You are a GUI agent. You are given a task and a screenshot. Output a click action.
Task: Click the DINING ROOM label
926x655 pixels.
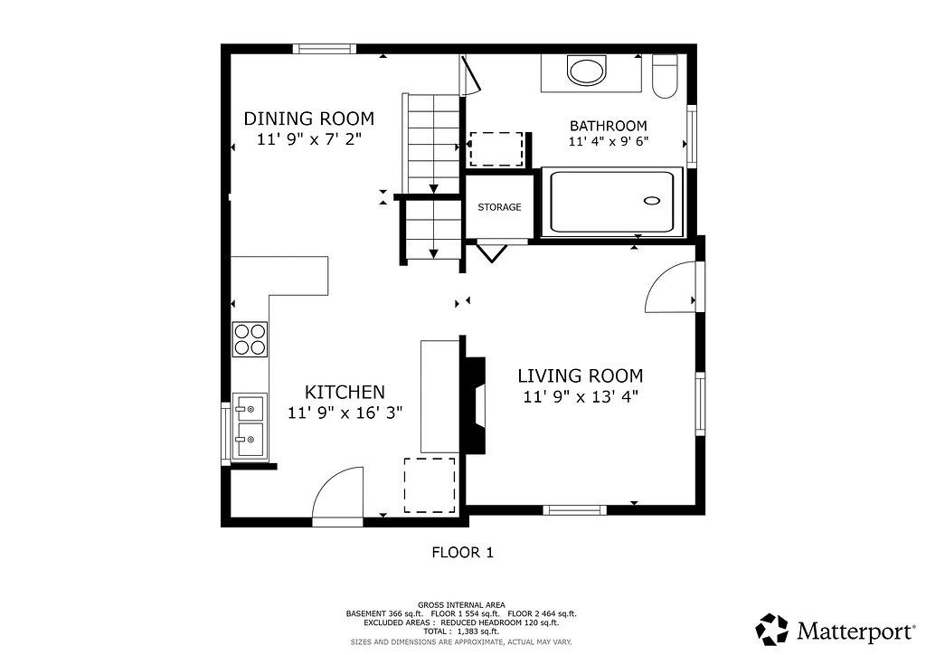(x=309, y=119)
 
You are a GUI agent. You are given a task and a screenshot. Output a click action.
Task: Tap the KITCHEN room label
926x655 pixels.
(x=345, y=392)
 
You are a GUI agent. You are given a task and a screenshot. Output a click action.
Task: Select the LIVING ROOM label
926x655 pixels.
(x=580, y=375)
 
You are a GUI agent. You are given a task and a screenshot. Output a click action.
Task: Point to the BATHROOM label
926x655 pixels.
(x=609, y=126)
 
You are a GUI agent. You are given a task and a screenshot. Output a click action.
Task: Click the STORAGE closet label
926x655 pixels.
(x=499, y=207)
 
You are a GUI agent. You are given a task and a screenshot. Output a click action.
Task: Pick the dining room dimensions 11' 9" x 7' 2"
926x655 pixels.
(x=309, y=139)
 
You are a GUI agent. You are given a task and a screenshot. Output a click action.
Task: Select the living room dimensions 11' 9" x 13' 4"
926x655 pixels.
(x=581, y=396)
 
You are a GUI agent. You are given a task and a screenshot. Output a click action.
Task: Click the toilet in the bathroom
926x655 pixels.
(x=665, y=76)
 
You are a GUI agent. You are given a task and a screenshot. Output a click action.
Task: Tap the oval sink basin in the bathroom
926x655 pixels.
(x=586, y=70)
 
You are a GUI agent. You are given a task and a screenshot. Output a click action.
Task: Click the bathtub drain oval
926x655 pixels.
(x=652, y=201)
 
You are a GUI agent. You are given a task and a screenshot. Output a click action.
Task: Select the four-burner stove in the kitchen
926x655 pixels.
(x=250, y=339)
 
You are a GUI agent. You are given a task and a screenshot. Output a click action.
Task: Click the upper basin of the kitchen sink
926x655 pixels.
(x=250, y=407)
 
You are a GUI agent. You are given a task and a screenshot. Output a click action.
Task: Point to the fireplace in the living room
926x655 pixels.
(x=474, y=405)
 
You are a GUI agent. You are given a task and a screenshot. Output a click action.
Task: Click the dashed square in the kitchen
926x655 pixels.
(x=430, y=486)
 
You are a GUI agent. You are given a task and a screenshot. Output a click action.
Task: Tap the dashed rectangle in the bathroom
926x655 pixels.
(x=496, y=149)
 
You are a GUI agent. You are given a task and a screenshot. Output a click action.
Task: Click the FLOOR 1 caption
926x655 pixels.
(x=462, y=553)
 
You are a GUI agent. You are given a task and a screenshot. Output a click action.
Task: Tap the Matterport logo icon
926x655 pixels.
(x=772, y=629)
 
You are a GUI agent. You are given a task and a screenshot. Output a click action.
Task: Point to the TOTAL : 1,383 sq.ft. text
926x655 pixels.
(x=461, y=631)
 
